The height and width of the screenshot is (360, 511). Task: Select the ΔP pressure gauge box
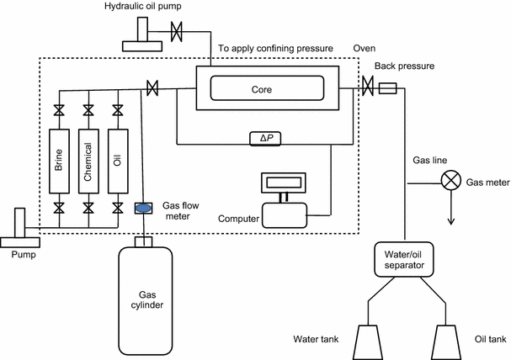tap(266, 138)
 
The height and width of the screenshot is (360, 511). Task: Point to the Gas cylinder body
tap(148, 299)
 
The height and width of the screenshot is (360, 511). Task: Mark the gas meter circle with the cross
tap(451, 180)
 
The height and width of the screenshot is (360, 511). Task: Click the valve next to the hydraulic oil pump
tap(177, 33)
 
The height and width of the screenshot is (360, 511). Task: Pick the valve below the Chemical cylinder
tap(88, 207)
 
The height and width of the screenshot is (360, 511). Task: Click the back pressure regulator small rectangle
tap(390, 87)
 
